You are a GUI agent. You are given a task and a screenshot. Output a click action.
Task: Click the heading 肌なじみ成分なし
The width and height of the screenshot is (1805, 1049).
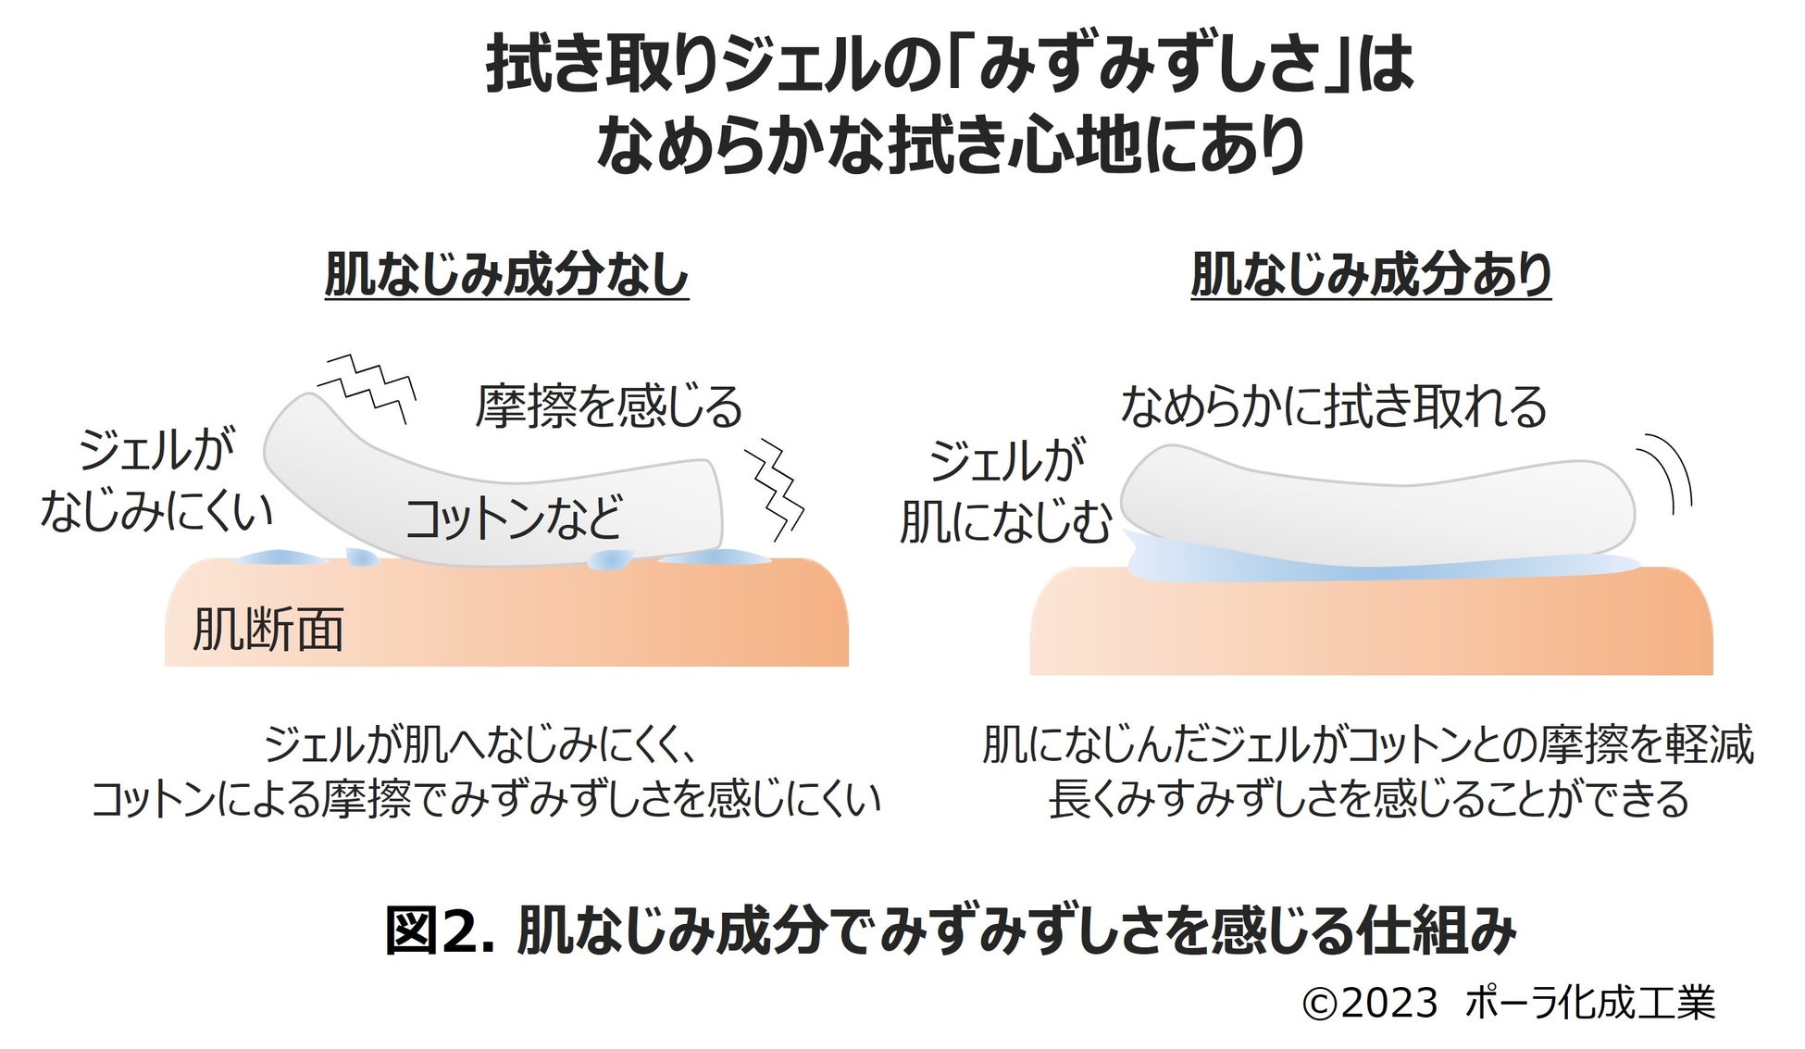click(506, 275)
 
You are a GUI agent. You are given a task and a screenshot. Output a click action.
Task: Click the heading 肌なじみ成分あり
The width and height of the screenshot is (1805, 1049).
click(1370, 275)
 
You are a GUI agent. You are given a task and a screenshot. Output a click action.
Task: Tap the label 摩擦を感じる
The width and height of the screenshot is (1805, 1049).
click(609, 406)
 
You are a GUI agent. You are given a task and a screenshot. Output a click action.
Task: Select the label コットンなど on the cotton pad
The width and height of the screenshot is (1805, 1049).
click(514, 518)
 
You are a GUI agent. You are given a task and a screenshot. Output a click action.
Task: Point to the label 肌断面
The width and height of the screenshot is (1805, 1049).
click(268, 630)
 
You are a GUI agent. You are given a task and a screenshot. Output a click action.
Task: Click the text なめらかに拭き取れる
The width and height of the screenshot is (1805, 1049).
click(1333, 406)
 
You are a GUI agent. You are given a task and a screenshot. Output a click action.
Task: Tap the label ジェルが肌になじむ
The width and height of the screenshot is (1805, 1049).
click(1005, 492)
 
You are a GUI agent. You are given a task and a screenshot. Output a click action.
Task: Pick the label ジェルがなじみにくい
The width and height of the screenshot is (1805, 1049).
click(156, 481)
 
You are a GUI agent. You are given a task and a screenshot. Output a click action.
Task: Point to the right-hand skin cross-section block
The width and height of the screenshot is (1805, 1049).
click(1370, 625)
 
